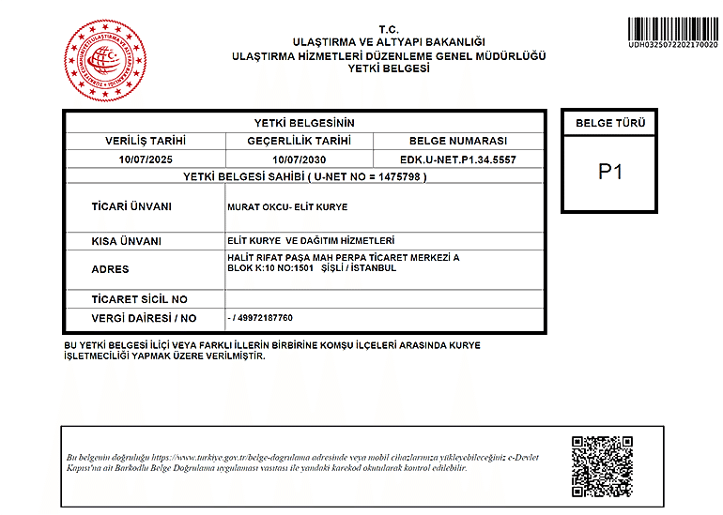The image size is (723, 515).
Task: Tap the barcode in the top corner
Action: tap(672, 27)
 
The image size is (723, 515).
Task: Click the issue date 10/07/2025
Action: tap(146, 159)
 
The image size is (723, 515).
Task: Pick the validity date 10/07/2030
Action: tap(299, 159)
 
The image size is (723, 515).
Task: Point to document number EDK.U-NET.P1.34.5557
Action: tap(457, 159)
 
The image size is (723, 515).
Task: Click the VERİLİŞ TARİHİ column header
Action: tap(146, 141)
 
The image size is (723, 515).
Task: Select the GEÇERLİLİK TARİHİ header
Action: tap(299, 141)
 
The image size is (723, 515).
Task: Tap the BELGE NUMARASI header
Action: tap(457, 141)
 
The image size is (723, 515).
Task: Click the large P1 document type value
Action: tap(610, 173)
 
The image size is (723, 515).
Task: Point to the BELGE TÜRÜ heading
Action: tap(610, 123)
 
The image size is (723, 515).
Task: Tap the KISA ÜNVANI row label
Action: tap(126, 241)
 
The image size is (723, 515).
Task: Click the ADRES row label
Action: tap(110, 268)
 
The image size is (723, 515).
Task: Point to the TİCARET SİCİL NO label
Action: tap(139, 299)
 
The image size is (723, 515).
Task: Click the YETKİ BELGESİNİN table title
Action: tap(304, 123)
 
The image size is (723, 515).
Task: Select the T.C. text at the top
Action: tap(389, 30)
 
